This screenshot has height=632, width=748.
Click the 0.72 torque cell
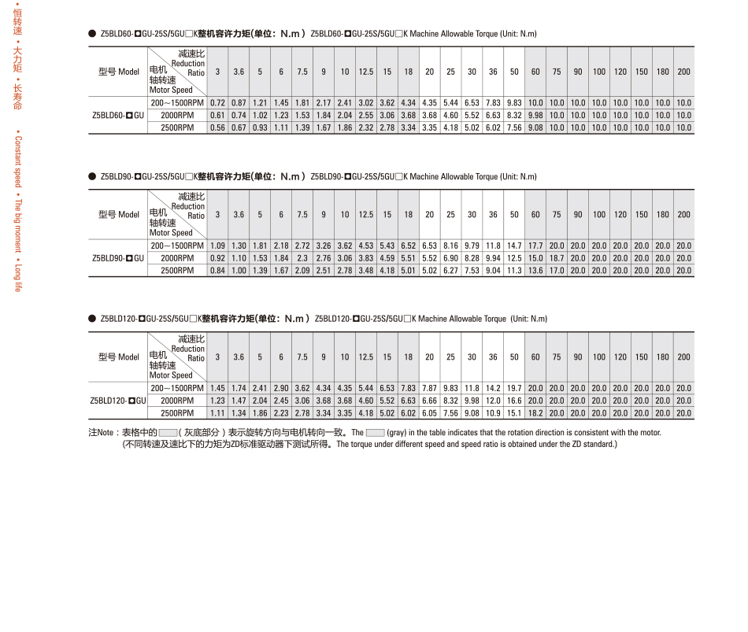218,103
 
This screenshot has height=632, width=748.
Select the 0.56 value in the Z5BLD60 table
218,128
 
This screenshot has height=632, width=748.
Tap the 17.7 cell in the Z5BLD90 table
535,246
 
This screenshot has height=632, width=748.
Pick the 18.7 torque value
557,258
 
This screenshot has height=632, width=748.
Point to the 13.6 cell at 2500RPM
535,271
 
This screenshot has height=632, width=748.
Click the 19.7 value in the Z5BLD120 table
514,388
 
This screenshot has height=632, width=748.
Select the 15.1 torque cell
514,413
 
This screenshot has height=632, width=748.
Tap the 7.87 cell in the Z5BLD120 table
429,388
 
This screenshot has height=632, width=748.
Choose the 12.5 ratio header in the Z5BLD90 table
365,214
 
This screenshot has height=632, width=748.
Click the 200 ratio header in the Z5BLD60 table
683,72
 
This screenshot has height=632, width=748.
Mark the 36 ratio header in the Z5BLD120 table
493,357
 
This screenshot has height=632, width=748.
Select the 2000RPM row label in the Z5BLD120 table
177,401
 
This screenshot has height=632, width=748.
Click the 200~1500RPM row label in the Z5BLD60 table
177,103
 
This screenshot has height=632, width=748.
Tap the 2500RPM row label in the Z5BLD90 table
177,271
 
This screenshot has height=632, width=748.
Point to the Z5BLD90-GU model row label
118,258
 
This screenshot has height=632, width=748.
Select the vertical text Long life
18,277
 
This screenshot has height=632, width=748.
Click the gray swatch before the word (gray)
375,432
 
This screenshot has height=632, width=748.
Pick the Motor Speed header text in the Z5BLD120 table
171,375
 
